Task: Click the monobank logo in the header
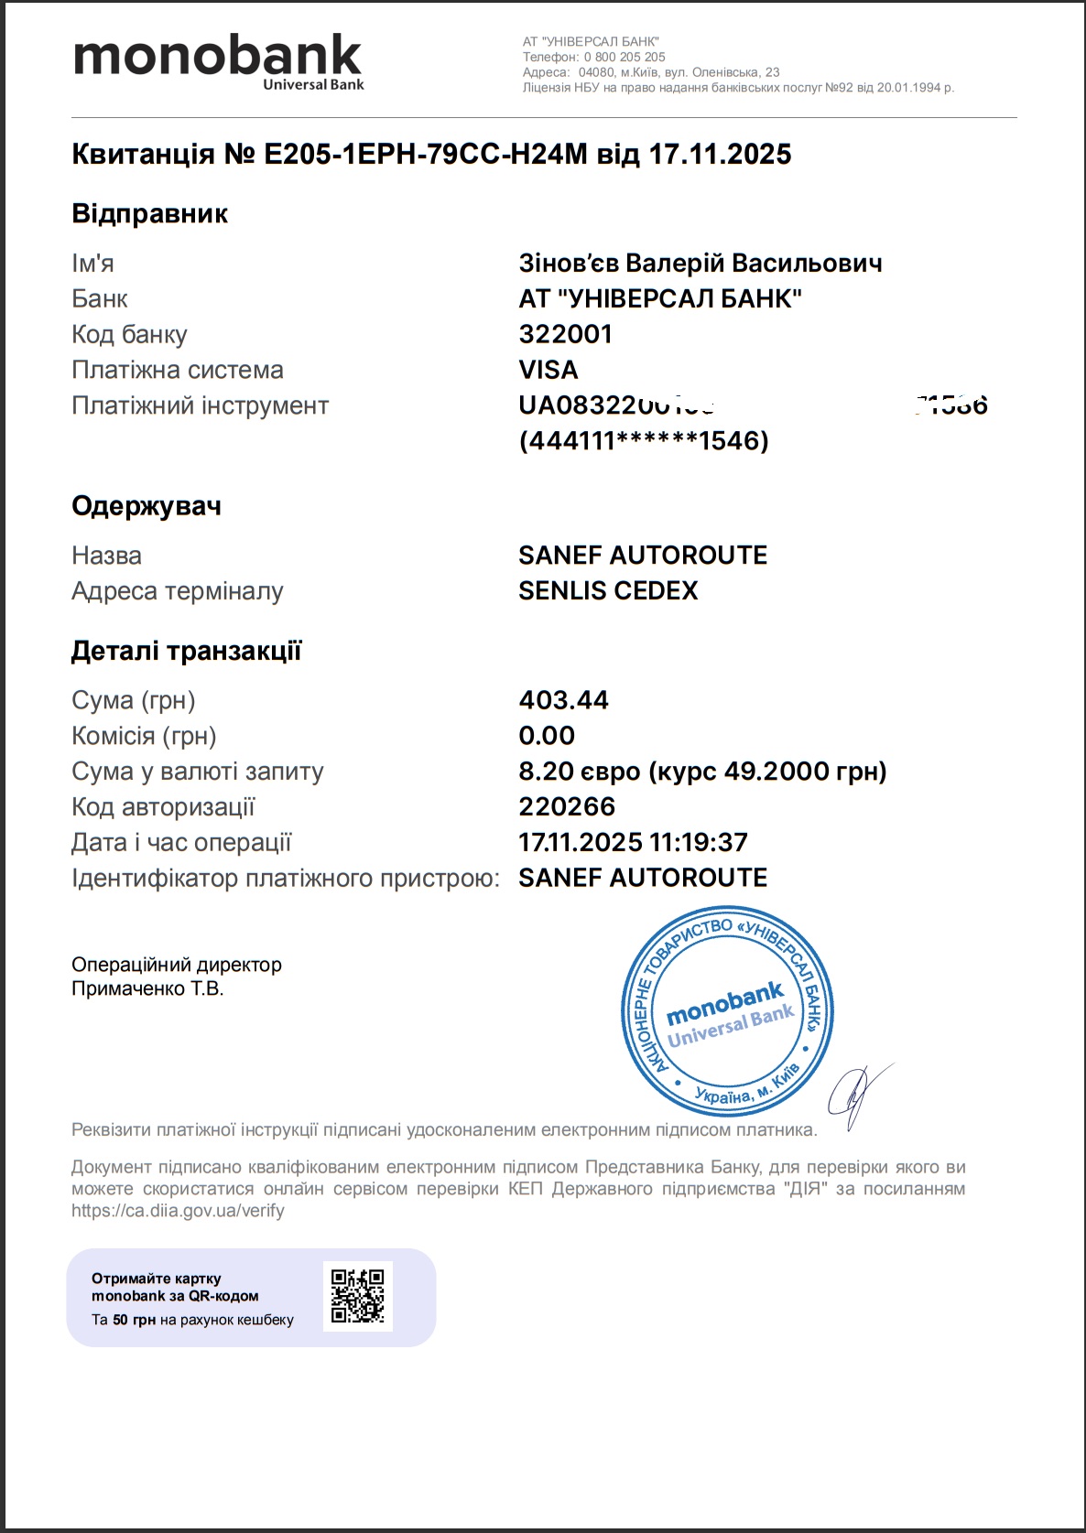click(218, 60)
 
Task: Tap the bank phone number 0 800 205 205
click(624, 57)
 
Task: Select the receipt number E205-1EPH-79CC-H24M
click(425, 154)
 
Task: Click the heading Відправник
click(149, 214)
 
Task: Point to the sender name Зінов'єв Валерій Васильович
click(700, 264)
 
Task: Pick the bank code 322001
click(565, 334)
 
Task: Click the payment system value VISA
click(548, 370)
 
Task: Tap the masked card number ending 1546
click(643, 441)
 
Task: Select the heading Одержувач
click(147, 506)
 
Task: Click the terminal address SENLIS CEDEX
click(607, 591)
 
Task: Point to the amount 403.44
click(563, 700)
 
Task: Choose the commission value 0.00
click(547, 736)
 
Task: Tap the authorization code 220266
click(567, 807)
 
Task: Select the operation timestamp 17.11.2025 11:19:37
click(633, 842)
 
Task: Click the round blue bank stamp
click(727, 1012)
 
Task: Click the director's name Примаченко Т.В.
click(147, 988)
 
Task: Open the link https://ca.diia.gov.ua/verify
click(178, 1211)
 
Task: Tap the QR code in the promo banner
click(357, 1296)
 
